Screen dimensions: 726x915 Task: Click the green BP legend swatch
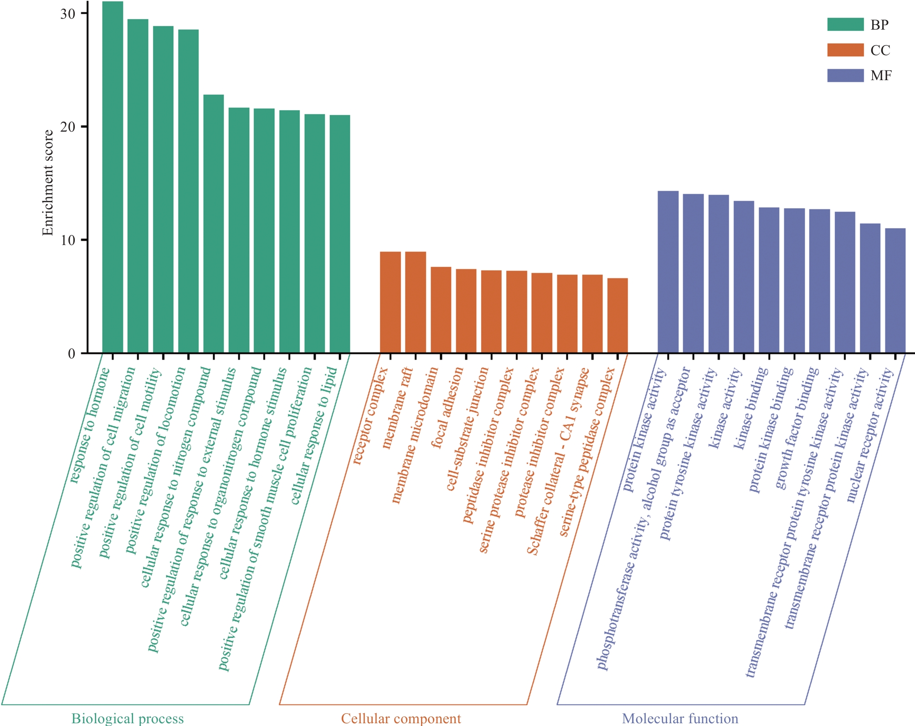845,25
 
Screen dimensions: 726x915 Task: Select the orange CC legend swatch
845,50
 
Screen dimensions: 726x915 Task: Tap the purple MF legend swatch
845,76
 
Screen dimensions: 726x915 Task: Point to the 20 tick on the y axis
84,127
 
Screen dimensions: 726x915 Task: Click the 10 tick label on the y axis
68,240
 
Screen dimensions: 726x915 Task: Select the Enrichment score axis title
48,182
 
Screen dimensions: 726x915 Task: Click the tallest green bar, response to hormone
113,178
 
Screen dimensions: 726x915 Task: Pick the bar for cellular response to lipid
340,234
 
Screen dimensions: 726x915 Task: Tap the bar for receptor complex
390,302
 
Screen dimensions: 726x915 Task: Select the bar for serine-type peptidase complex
617,316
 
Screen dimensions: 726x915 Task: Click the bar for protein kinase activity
668,272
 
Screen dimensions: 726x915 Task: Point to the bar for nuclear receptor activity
895,291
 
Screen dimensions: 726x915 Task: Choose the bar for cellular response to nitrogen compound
213,224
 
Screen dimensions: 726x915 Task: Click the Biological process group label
128,719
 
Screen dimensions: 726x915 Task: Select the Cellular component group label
401,719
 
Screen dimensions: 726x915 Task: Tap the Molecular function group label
680,719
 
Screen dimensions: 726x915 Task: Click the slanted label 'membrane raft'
397,408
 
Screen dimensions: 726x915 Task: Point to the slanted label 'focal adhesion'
447,408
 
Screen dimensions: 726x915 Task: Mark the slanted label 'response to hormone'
90,425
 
